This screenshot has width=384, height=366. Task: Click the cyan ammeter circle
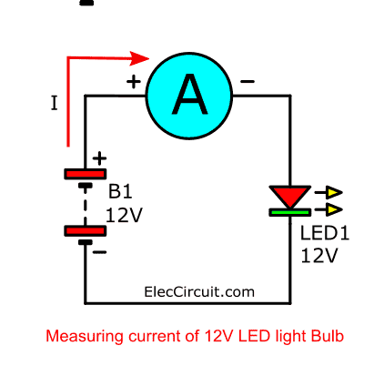coord(189,96)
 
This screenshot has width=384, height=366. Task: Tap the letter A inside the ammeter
coord(190,95)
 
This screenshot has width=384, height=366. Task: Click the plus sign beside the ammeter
coord(134,82)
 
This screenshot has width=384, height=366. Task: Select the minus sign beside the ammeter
coord(248,81)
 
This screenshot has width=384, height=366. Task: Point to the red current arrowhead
coord(139,58)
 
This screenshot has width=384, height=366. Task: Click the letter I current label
coord(54,103)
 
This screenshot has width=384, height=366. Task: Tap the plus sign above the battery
coord(99,158)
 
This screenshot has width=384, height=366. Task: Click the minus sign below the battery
coord(99,252)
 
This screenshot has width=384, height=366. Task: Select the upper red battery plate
coord(86,174)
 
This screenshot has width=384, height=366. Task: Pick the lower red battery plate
coord(86,231)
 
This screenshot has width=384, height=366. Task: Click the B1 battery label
coord(120,192)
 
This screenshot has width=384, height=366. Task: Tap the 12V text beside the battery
coord(124,215)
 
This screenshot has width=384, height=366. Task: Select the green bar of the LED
coord(290,212)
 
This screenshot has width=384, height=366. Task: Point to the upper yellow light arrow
coord(328,192)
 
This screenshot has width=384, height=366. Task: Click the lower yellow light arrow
coord(328,209)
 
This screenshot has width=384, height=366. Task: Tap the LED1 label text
coord(325,233)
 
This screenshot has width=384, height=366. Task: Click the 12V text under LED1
coord(319,255)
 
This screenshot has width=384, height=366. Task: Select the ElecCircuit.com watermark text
coord(199,292)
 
